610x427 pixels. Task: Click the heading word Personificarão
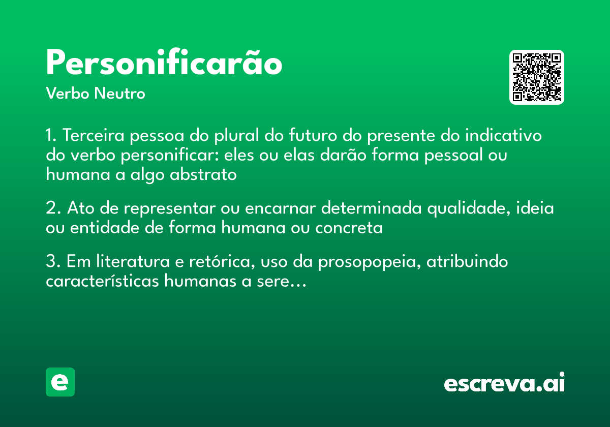coord(164,64)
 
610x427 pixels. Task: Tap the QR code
coord(537,77)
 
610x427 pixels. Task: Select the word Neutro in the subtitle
coord(119,94)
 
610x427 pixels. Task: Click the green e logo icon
coord(60,382)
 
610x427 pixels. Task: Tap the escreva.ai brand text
coord(504,383)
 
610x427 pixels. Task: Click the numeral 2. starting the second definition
coord(52,208)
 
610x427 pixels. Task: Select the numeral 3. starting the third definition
coord(52,262)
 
